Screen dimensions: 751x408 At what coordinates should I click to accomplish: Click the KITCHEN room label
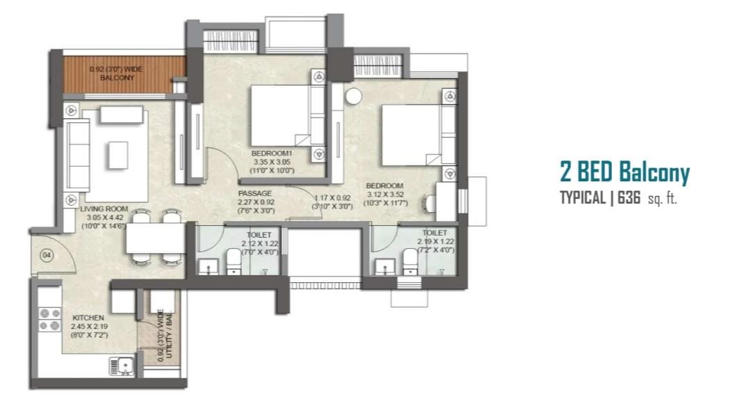coord(88,318)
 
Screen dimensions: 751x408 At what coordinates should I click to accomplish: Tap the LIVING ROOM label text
coord(104,209)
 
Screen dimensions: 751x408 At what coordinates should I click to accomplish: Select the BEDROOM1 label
coord(272,153)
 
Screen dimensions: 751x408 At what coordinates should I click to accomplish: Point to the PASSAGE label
coord(255,193)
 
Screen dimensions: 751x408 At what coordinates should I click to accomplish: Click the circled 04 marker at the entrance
coord(47,255)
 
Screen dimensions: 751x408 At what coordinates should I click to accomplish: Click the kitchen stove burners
coord(50,320)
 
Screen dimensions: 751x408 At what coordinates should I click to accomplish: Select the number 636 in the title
coord(629,197)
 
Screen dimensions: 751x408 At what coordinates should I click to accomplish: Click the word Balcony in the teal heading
coord(654,173)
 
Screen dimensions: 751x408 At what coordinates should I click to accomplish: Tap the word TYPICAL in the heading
coord(583,197)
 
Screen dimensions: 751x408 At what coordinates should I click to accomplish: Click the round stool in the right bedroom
coord(354,96)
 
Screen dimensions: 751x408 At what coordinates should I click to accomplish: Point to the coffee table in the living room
coord(118,155)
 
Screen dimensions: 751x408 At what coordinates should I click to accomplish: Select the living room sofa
coord(78,156)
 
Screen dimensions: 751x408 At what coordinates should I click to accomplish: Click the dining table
coord(156,238)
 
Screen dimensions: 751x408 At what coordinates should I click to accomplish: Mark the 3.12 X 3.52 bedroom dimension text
coord(385,195)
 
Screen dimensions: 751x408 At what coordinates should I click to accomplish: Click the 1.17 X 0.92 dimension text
coord(332,198)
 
